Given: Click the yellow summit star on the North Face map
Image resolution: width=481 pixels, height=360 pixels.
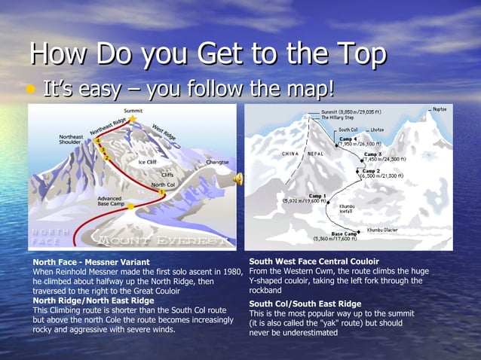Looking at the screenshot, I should pos(133,118).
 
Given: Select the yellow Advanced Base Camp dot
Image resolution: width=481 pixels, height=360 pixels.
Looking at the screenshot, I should pos(131,205).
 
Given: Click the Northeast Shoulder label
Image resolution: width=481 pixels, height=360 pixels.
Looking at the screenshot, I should pos(71,139).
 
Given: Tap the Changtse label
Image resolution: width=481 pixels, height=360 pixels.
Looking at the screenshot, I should pos(217,162).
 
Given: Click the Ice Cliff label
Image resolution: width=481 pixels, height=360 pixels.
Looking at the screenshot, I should pos(147,161).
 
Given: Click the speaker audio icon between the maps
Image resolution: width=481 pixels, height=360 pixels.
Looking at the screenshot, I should pos(238,178).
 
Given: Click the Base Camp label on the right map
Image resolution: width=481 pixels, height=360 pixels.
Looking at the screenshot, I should pos(344,233).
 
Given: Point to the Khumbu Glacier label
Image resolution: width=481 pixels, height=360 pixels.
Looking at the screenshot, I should pos(384,230).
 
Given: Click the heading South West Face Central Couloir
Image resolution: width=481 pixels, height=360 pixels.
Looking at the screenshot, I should pos(314,261).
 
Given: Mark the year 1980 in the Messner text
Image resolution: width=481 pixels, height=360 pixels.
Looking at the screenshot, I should pos(231,271).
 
